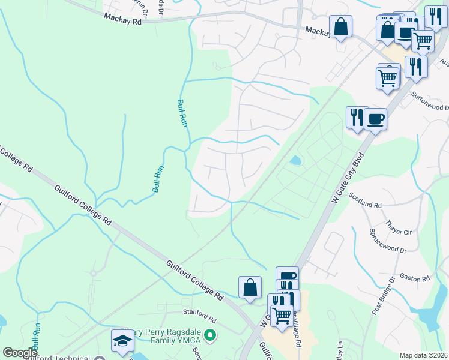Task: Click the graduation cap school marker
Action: coord(122,341)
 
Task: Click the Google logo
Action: coord(20,353)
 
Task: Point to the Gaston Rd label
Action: coord(415,278)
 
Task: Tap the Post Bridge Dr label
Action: coord(382,296)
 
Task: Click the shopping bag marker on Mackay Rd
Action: coord(340,26)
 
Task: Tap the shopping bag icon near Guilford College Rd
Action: coord(250,287)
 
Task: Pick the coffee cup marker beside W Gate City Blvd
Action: coord(375,118)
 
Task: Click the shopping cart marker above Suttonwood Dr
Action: coord(388,76)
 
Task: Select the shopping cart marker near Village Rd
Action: coord(282,314)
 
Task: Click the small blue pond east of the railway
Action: coord(295,161)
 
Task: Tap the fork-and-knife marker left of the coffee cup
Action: coord(356,116)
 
